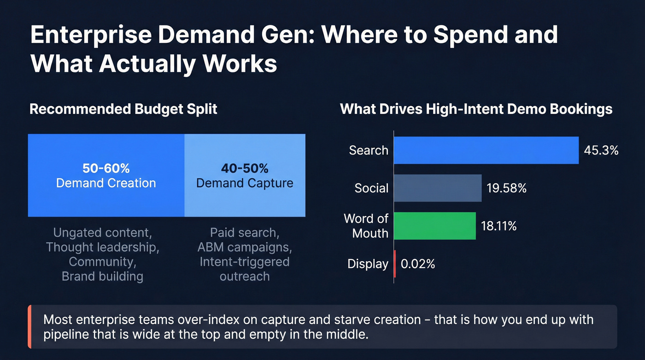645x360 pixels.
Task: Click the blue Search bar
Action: pos(486,150)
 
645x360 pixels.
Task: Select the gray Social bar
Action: pos(438,188)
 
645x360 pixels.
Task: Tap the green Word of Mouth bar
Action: pos(435,226)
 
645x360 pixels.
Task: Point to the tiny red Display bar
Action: pos(395,264)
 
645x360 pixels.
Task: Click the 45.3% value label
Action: pos(601,150)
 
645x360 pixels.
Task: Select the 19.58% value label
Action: pos(507,188)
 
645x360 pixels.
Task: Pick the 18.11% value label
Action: pos(499,226)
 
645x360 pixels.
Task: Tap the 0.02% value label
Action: pos(418,264)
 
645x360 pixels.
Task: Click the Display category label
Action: pos(368,264)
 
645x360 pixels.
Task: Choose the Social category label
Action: pos(371,188)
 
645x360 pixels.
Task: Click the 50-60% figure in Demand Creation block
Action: pos(106,168)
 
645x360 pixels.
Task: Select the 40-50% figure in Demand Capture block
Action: pos(245,168)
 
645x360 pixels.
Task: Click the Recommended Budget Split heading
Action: pos(123,109)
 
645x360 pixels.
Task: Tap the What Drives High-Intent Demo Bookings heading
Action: pos(476,109)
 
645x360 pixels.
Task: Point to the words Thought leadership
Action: pos(102,247)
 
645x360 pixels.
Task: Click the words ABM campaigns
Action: pos(245,247)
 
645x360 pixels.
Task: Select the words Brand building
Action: pos(102,277)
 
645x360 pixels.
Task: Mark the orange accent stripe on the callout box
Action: pos(29,326)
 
